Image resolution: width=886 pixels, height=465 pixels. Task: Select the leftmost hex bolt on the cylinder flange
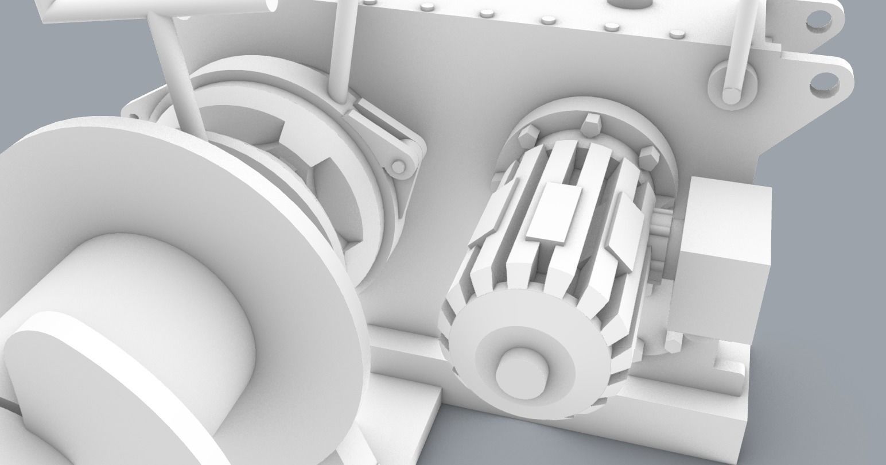pyautogui.click(x=526, y=139)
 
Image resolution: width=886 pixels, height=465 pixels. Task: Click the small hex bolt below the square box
pyautogui.click(x=673, y=343)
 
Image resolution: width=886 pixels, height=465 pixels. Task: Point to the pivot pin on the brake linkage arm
pyautogui.click(x=398, y=168)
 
